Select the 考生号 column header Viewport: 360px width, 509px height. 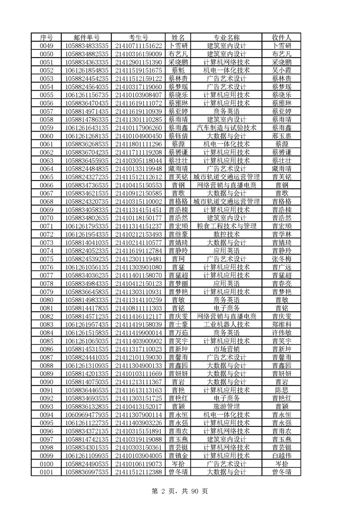[138, 37]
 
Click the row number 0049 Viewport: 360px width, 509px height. [46, 45]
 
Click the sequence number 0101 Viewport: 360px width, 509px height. [46, 472]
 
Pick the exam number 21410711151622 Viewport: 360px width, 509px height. [138, 45]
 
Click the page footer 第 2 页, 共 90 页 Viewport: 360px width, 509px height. [180, 491]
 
